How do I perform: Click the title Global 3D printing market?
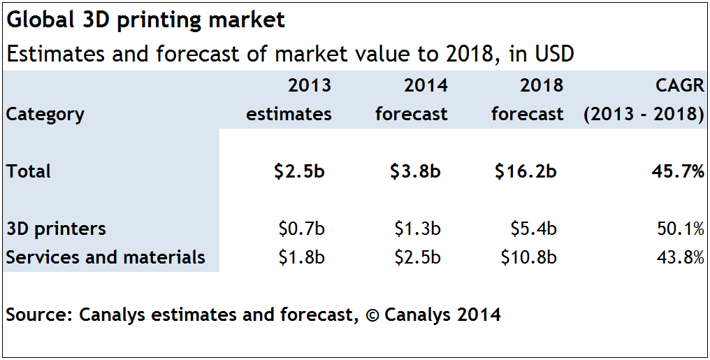tap(145, 20)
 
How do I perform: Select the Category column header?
tap(45, 114)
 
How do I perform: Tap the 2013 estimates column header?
tap(289, 100)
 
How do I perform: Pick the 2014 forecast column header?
tap(412, 100)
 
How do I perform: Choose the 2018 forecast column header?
tap(528, 100)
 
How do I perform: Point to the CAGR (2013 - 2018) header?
tap(644, 100)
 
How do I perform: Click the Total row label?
tap(29, 171)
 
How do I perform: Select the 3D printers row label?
tap(56, 229)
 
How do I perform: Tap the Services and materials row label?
tap(106, 257)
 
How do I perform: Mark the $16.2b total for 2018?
tap(526, 171)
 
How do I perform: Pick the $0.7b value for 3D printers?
tap(301, 229)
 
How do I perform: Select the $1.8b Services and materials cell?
tap(301, 257)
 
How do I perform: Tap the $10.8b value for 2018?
tap(528, 257)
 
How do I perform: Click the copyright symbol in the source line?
tap(371, 315)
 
